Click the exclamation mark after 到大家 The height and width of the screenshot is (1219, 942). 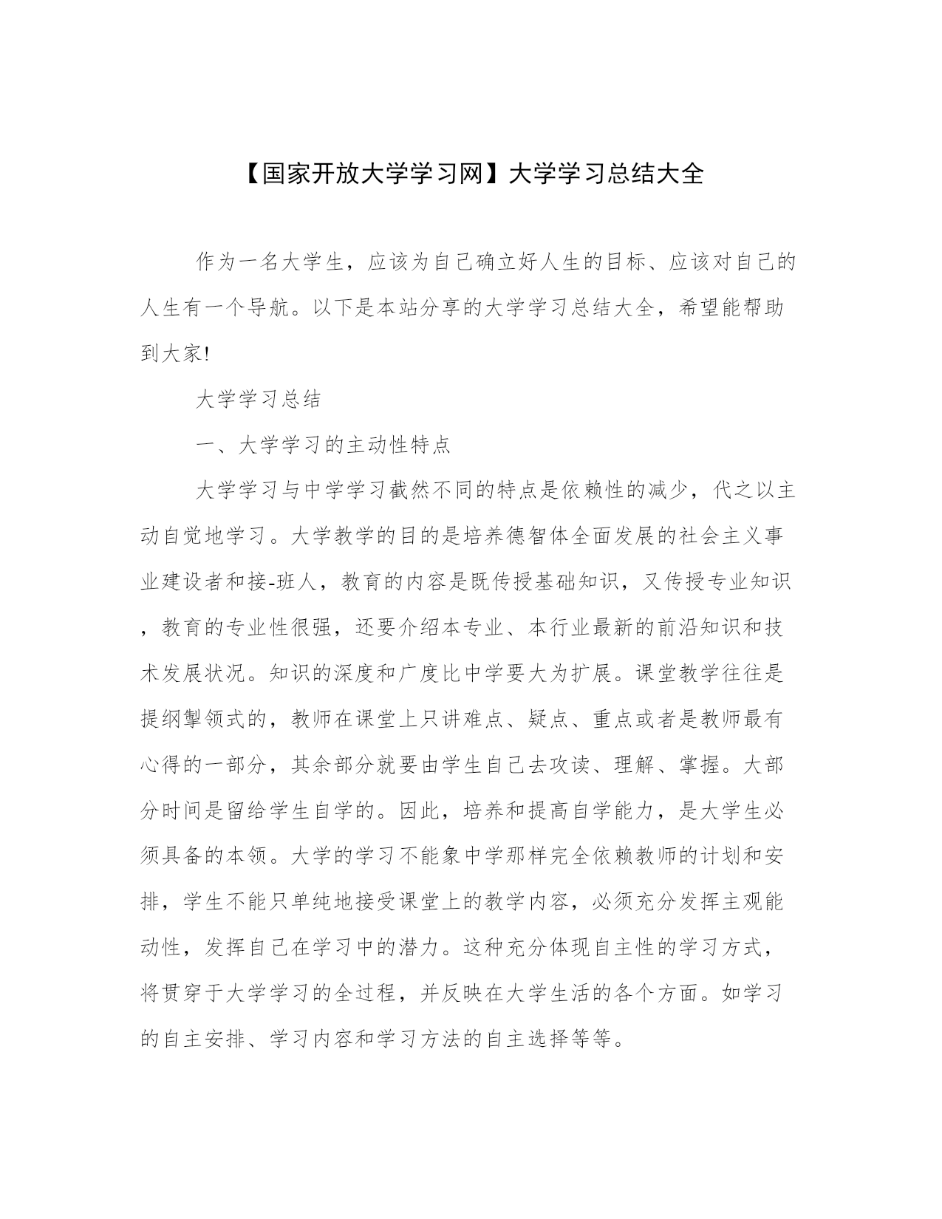(x=206, y=355)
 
